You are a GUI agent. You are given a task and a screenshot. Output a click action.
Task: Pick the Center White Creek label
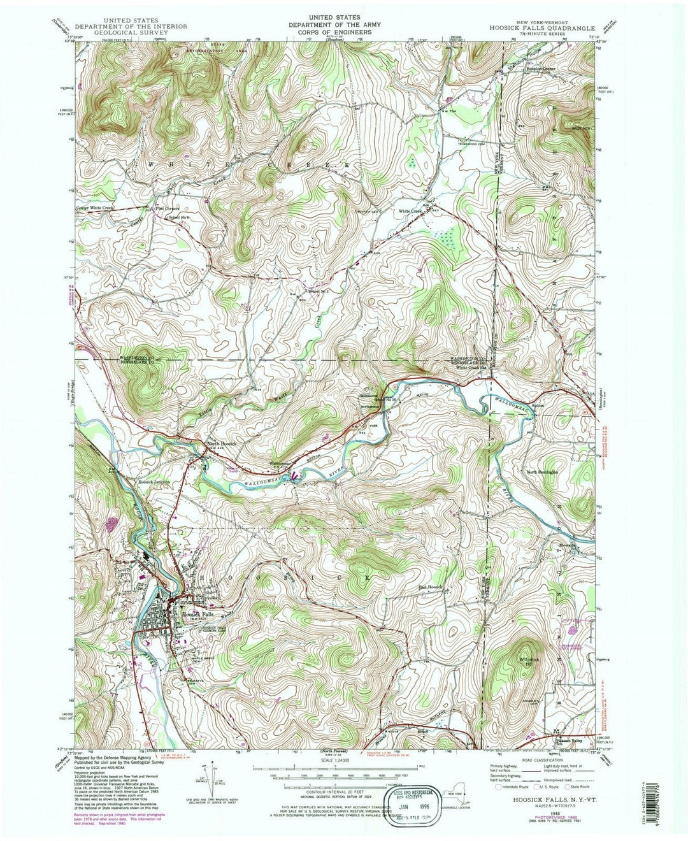[100, 208]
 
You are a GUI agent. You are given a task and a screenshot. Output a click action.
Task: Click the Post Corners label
[168, 208]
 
